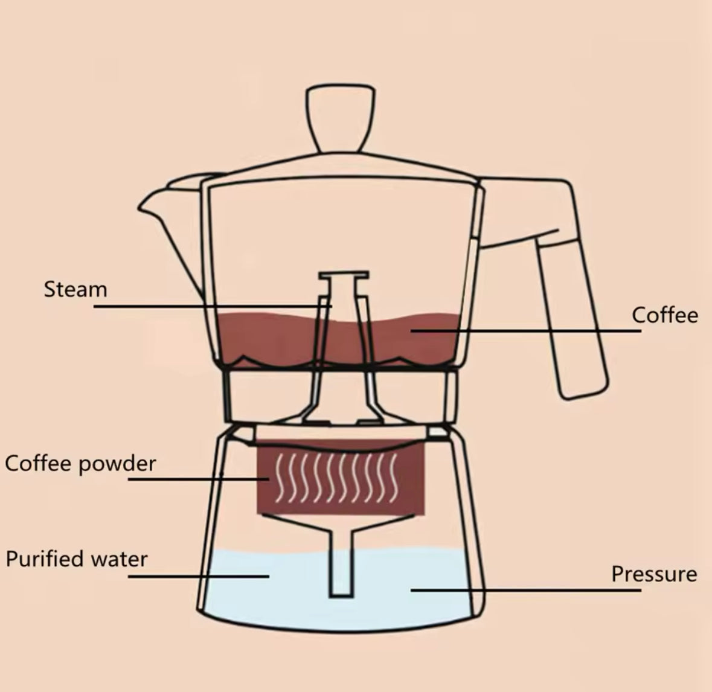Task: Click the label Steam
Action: coord(75,289)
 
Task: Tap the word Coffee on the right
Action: coord(665,315)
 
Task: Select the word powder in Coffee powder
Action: coord(118,464)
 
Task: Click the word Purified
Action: coord(46,559)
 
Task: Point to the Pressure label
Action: coord(654,574)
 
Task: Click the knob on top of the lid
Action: coord(341,118)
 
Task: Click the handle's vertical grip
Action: coord(572,318)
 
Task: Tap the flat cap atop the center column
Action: coord(344,275)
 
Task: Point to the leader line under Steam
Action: coord(213,307)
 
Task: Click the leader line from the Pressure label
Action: coord(526,591)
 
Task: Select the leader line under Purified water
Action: coord(199,577)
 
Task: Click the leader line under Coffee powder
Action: coord(199,479)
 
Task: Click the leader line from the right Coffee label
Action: coord(526,331)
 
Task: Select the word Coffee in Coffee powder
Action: coord(39,463)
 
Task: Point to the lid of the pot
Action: coord(341,168)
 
